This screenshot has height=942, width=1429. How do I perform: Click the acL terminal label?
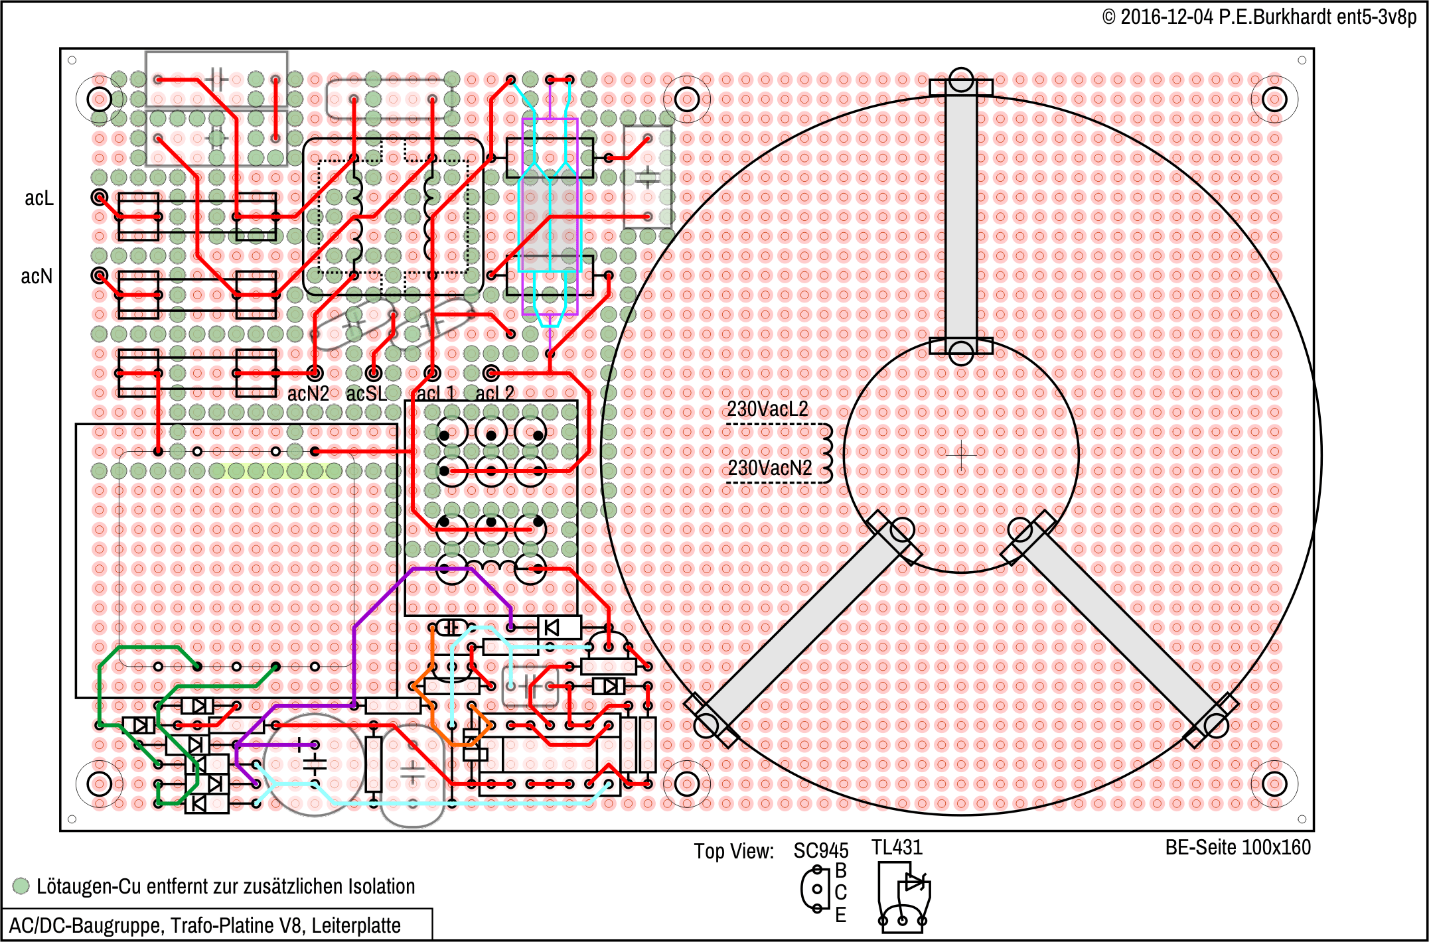click(x=38, y=198)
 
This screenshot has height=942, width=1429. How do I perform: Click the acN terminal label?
click(x=37, y=276)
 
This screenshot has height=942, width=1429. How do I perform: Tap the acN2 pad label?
click(x=308, y=393)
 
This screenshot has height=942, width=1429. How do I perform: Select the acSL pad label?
click(x=366, y=393)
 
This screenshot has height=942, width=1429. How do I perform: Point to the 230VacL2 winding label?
click(x=767, y=409)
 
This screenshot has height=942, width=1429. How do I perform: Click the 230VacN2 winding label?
click(x=769, y=468)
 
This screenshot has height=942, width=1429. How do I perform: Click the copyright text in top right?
click(x=1259, y=17)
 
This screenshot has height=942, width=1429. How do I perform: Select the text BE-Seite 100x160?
click(x=1238, y=847)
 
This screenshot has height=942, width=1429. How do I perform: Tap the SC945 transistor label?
click(x=821, y=850)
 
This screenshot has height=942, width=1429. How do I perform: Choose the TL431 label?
click(x=897, y=847)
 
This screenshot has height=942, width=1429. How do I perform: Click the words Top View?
click(x=734, y=851)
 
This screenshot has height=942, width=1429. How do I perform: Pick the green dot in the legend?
click(x=21, y=886)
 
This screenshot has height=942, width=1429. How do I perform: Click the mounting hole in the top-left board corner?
click(x=100, y=100)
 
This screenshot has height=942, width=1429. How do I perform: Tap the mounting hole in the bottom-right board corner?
click(x=1274, y=784)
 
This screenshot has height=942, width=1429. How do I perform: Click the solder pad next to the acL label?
click(x=100, y=197)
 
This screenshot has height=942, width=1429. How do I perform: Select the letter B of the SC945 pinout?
click(x=841, y=870)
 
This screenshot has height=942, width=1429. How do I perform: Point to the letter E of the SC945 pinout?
click(x=841, y=915)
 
